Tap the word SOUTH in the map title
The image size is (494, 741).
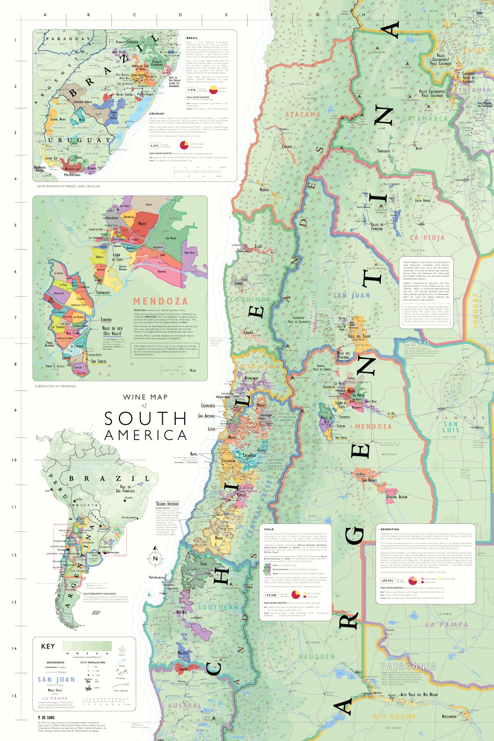point(146,419)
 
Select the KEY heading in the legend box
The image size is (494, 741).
point(48,646)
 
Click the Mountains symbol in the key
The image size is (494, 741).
point(121,673)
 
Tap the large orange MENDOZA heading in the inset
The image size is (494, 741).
point(160,301)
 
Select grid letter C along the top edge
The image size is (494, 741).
point(134,15)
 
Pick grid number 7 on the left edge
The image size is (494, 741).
point(16,318)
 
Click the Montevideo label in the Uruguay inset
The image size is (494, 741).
point(72,175)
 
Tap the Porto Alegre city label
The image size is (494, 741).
point(145,94)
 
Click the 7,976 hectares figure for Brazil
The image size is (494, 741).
point(191,90)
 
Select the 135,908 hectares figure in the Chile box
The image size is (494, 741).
point(270,595)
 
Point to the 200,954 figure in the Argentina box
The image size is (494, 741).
point(387,580)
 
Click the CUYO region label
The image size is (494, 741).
point(417,343)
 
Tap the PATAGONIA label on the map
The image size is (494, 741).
point(408,666)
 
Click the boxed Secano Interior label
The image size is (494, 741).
point(167,503)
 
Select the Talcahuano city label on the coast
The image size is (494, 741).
point(156,577)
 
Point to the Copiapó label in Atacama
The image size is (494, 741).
point(287,147)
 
